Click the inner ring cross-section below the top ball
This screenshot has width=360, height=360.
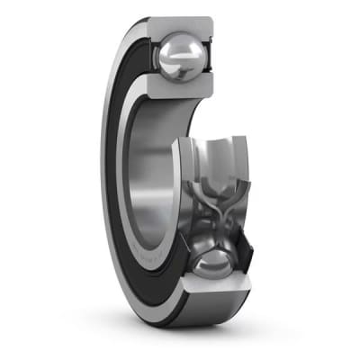click(184, 91)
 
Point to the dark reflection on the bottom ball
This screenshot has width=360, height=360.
click(207, 274)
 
